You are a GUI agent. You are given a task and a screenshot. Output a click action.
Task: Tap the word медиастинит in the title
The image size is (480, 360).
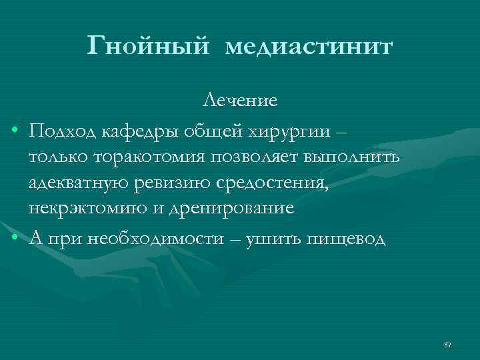(309, 48)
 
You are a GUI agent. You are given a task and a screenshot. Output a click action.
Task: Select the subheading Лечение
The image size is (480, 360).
(240, 101)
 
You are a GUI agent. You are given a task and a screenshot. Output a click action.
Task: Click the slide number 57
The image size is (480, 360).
(447, 345)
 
